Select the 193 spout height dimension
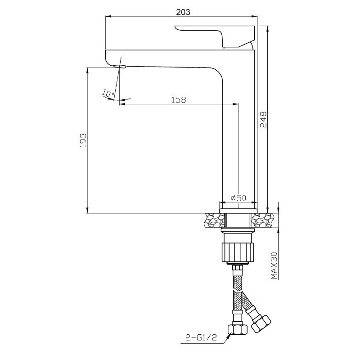83,140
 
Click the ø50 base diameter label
237,198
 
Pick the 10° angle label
108,93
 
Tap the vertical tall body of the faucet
240,135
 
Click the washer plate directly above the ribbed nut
237,232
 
